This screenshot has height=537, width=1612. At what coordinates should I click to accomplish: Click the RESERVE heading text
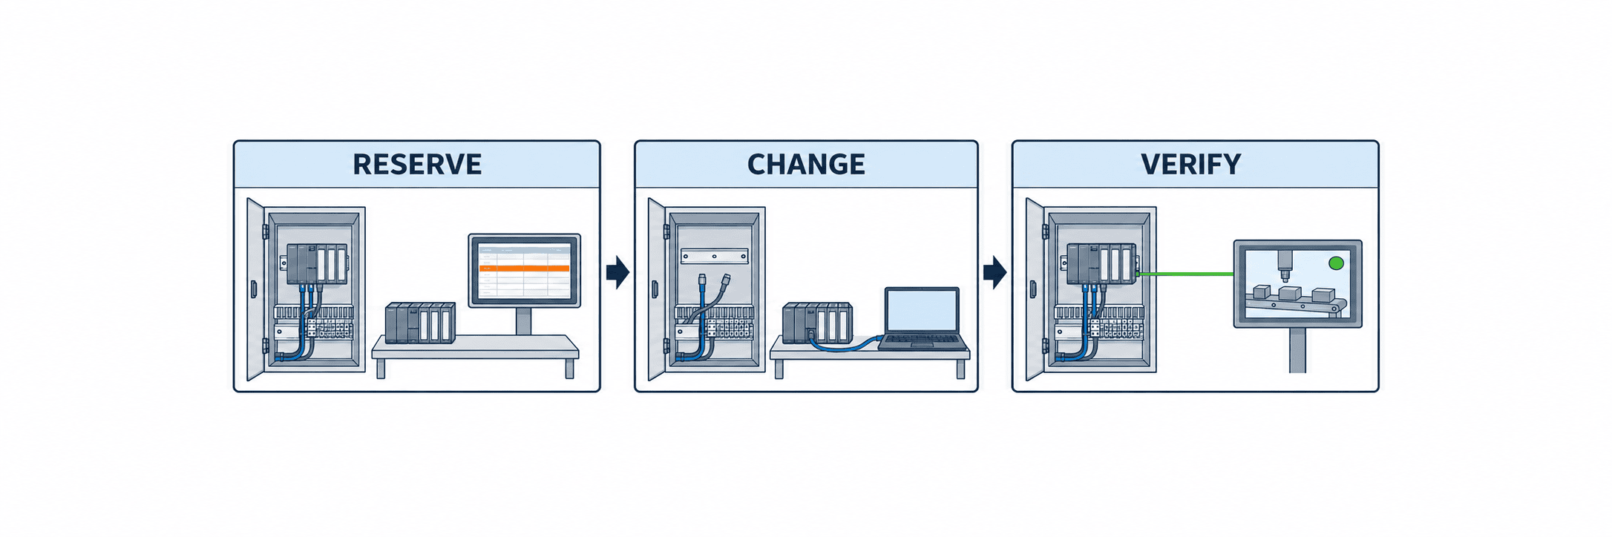click(417, 164)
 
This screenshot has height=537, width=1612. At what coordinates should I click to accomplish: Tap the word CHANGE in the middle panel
click(806, 164)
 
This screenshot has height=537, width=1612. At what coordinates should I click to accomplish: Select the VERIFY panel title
click(1191, 164)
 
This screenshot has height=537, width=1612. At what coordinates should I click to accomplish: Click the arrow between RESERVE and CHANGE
click(617, 272)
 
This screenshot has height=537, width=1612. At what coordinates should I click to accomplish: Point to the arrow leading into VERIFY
click(995, 272)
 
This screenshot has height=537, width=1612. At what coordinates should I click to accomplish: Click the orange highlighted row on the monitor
click(524, 268)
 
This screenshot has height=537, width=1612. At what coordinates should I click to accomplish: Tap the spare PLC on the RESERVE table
click(420, 323)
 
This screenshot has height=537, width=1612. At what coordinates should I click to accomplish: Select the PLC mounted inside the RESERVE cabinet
click(315, 264)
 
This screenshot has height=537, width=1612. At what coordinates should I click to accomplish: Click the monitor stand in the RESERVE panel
click(523, 321)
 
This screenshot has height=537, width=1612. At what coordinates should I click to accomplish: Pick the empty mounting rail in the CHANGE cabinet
click(714, 256)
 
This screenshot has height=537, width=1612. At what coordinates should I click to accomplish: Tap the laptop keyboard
click(923, 342)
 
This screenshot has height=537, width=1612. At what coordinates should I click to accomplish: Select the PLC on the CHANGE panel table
click(817, 323)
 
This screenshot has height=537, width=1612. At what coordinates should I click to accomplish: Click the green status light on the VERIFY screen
click(1336, 263)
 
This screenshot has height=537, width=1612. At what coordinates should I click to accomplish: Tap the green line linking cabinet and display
click(1185, 274)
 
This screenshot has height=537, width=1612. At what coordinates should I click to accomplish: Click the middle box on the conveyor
click(1289, 293)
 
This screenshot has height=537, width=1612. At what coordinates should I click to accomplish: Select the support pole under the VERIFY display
click(1297, 349)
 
